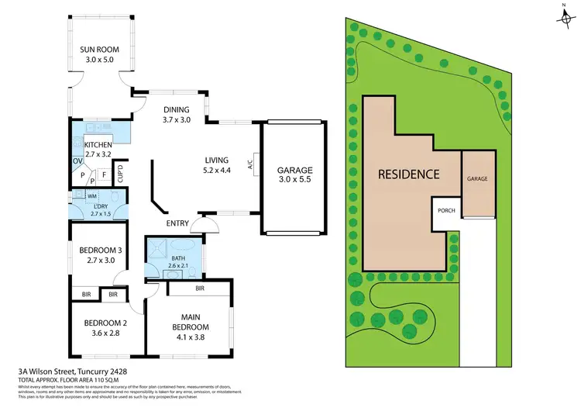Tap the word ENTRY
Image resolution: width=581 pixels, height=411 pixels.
pos(177,223)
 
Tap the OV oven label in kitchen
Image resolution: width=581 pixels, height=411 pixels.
pos(77,161)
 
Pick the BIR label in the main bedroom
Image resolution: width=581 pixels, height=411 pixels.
pos(200,288)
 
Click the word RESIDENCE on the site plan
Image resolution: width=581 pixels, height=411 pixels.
pos(408,174)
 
